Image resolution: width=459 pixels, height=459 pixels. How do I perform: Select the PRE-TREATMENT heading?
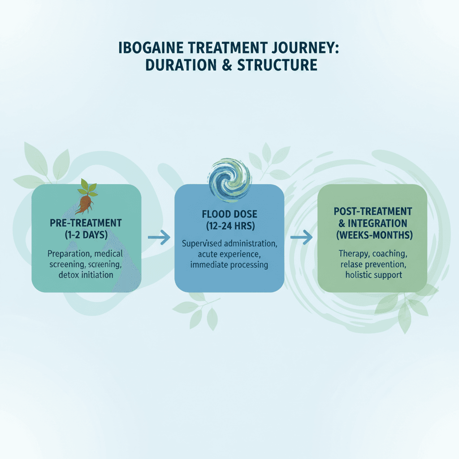86,223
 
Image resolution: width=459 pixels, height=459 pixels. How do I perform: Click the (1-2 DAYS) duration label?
86,235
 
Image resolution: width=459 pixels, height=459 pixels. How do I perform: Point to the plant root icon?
87,197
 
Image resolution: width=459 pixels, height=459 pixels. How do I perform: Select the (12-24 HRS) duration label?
229,226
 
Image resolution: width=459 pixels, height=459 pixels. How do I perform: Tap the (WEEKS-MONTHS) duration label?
372,235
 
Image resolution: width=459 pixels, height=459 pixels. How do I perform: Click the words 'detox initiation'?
86,274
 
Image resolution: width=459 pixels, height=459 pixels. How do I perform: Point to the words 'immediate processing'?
229,265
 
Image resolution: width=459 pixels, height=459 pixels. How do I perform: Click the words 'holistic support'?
373,274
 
